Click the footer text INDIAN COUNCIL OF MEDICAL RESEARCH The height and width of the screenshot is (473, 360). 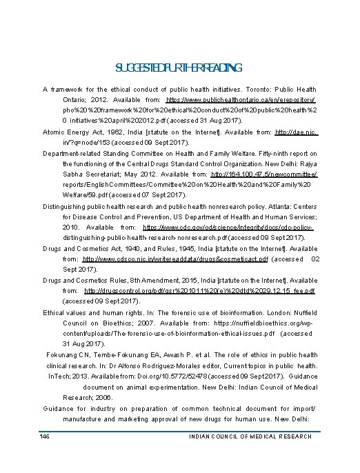(x=250, y=436)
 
